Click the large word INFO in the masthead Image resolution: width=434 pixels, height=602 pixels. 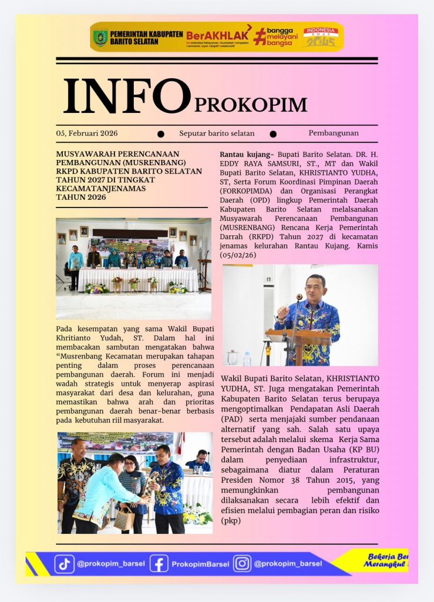coord(127,96)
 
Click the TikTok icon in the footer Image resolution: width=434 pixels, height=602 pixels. coord(65,564)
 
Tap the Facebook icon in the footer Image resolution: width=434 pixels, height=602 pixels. coord(159,564)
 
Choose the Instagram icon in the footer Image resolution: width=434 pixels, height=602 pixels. coord(242,564)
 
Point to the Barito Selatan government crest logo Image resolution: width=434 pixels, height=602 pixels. coord(101,38)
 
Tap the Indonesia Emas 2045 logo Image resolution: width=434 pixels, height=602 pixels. coord(321,36)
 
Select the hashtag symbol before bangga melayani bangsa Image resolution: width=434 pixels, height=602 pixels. coord(259,37)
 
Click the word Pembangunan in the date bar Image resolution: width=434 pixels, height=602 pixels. coord(333,133)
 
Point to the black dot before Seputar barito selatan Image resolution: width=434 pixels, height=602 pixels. coord(161,134)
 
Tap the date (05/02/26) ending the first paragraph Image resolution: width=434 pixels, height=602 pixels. coord(240,255)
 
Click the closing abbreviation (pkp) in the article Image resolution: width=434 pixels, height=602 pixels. coord(231,520)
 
